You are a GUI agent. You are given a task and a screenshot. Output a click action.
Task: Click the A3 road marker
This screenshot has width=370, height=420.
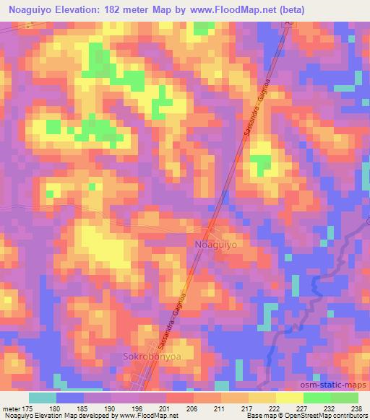coord(288,24)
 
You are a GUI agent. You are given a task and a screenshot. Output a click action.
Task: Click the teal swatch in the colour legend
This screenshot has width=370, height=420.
coord(43,397)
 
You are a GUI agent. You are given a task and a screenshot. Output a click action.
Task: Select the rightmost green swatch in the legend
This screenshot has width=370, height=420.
coord(344,397)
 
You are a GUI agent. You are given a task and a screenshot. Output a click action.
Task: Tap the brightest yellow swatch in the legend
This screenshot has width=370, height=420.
coord(289,397)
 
